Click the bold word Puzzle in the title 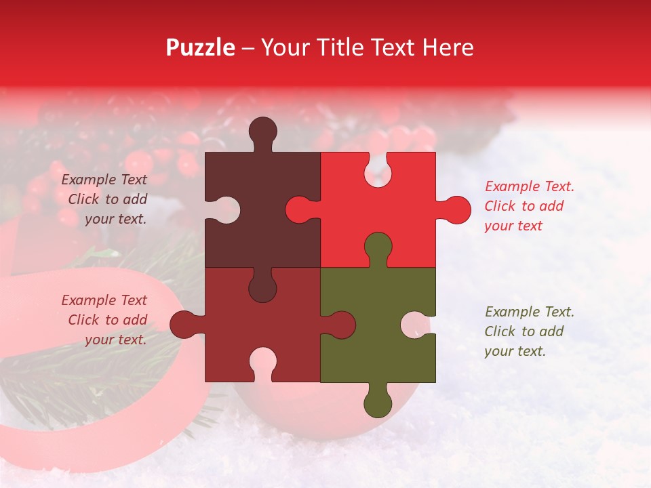[x=201, y=47]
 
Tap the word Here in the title [x=448, y=47]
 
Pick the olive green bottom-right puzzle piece [x=380, y=339]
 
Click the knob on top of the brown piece [x=262, y=131]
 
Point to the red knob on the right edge [x=456, y=209]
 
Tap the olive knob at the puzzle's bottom [x=378, y=403]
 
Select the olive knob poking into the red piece [x=378, y=247]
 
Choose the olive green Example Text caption [x=529, y=331]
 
